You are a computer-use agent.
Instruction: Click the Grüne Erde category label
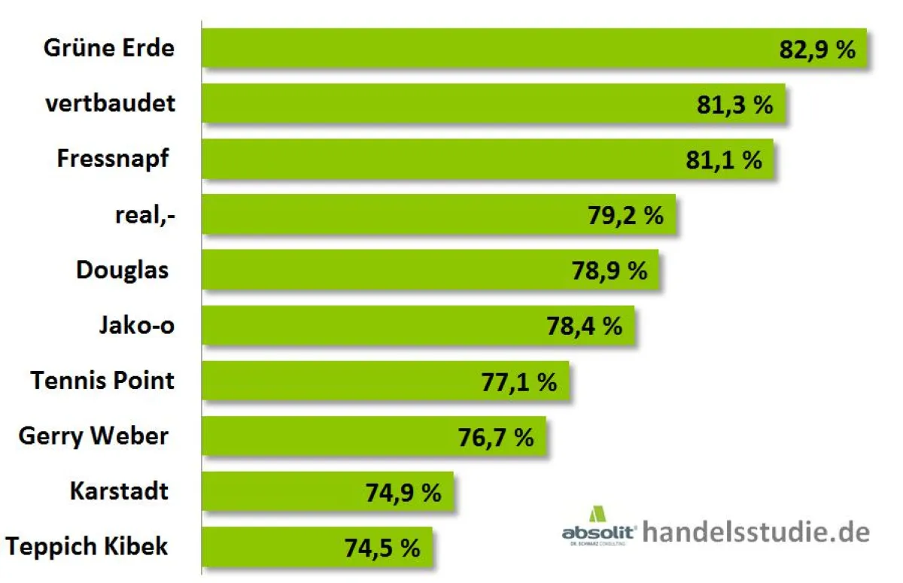[109, 48]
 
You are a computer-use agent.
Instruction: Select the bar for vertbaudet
[451, 104]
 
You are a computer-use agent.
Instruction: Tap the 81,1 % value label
[724, 159]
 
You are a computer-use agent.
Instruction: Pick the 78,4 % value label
[584, 326]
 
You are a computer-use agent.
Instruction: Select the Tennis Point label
[103, 380]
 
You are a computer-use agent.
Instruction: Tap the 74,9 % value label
[403, 493]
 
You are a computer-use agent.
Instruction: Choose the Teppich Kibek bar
[301, 548]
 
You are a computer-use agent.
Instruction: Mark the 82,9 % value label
[817, 50]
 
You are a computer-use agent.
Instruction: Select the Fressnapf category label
[113, 159]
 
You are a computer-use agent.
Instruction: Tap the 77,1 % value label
[518, 382]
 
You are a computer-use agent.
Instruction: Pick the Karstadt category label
[119, 491]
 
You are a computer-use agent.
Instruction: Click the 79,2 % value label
[625, 216]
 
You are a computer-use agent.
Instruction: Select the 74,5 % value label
[382, 548]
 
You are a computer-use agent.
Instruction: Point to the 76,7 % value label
[496, 437]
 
